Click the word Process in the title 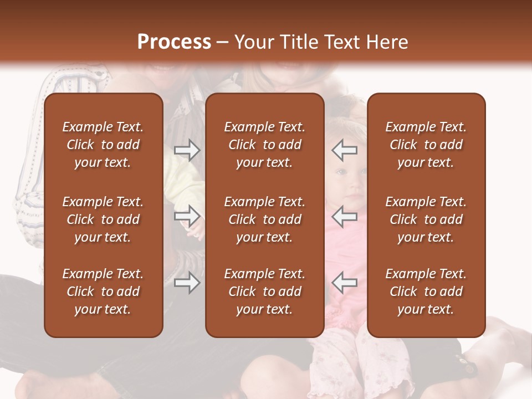click(x=174, y=42)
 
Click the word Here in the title click(x=387, y=42)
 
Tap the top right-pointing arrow click(x=187, y=150)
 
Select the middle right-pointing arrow click(x=187, y=216)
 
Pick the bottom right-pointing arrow click(x=187, y=283)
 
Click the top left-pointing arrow click(x=345, y=150)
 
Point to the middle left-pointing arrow click(x=345, y=216)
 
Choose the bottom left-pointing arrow click(x=345, y=283)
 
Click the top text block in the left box click(x=103, y=145)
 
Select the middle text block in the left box click(x=103, y=219)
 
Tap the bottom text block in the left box click(x=103, y=291)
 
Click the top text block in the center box click(x=264, y=145)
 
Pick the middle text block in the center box click(x=264, y=219)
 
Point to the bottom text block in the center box click(x=264, y=291)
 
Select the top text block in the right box click(x=426, y=145)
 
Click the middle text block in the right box click(x=426, y=219)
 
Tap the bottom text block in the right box click(x=426, y=291)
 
